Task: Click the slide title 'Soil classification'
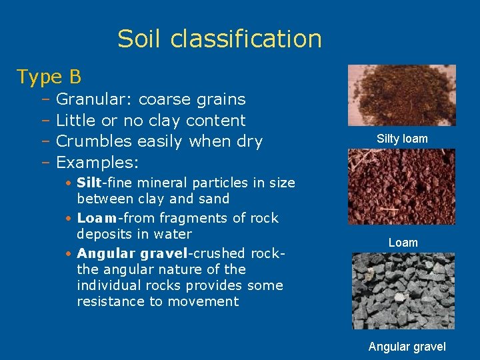point(219,39)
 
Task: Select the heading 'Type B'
point(49,77)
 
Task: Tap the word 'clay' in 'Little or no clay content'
point(163,121)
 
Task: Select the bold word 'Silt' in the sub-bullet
point(89,183)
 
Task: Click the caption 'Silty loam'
point(402,139)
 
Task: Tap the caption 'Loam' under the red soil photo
point(403,243)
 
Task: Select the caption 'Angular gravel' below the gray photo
point(407,347)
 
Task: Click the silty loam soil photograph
point(402,95)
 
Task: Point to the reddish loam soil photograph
point(402,186)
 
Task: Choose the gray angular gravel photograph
point(403,291)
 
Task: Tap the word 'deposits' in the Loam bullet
point(101,234)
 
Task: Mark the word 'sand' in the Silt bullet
point(215,199)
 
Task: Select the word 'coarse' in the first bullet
point(165,100)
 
